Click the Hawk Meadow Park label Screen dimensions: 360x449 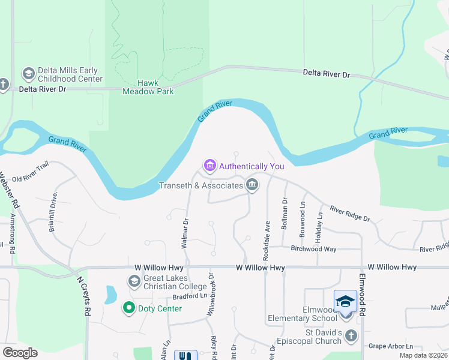click(148, 87)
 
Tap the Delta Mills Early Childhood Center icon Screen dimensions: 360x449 click(28, 74)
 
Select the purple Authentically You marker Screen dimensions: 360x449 click(209, 165)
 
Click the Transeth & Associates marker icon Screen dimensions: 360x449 click(253, 185)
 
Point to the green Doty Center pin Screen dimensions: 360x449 click(128, 308)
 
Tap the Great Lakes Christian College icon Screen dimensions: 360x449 click(134, 281)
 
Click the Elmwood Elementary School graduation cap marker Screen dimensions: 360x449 click(346, 301)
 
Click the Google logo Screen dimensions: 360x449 click(20, 353)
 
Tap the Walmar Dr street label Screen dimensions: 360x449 click(185, 233)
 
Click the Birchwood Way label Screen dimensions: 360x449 click(313, 248)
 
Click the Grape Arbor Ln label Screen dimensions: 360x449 click(391, 346)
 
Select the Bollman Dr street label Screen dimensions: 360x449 click(284, 217)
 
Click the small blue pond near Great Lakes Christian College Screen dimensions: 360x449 click(111, 295)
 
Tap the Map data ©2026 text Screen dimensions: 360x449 click(423, 355)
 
